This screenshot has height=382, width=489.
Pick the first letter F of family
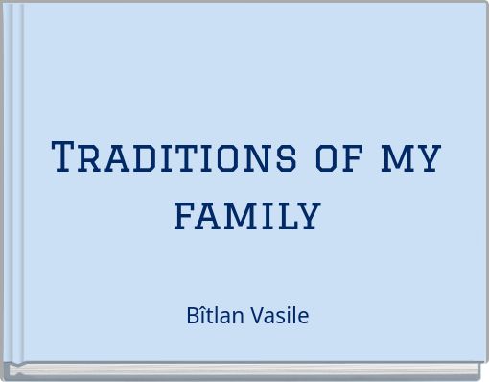click(185, 212)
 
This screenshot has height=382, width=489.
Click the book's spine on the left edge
click(12, 182)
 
